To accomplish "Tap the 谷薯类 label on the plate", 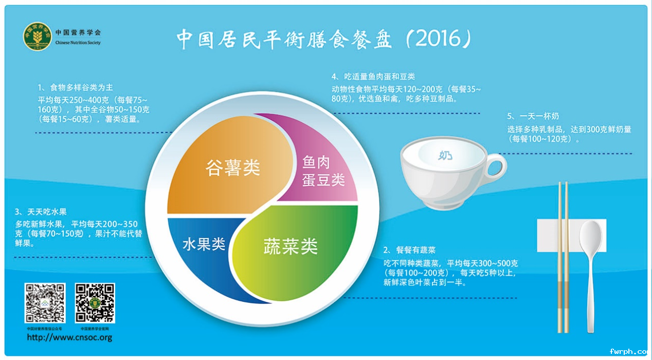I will coord(233,168).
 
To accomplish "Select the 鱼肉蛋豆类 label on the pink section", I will coord(323,171).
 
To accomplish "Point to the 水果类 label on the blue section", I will coord(204,245).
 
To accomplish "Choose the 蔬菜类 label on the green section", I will coord(291,246).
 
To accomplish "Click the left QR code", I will coord(45,303).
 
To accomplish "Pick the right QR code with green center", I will coord(95,303).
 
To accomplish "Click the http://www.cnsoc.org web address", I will coord(69,338).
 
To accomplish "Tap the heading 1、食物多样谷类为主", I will coord(75,87).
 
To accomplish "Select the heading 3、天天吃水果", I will coord(41,211).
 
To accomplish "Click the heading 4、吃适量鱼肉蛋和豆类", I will coord(373,77).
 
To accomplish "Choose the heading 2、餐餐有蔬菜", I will coord(409,250).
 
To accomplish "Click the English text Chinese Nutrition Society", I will coord(78,43).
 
